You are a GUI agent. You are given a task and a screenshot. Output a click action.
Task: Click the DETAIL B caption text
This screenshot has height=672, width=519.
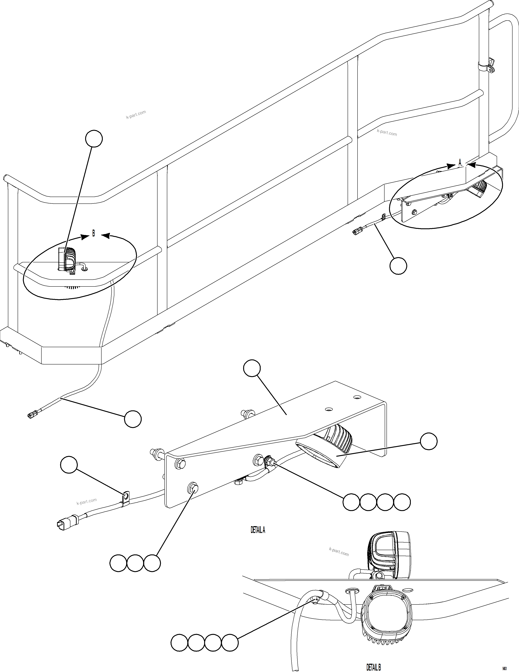(374, 667)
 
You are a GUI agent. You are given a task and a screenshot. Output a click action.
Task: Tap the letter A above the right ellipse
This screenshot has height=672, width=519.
(460, 162)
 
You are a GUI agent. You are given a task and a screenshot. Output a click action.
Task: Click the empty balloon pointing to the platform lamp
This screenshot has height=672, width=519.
(94, 139)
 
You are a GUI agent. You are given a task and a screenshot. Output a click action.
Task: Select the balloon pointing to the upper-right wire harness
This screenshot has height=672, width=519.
(398, 266)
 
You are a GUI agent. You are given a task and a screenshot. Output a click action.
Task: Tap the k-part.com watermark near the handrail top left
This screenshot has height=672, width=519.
(136, 115)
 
